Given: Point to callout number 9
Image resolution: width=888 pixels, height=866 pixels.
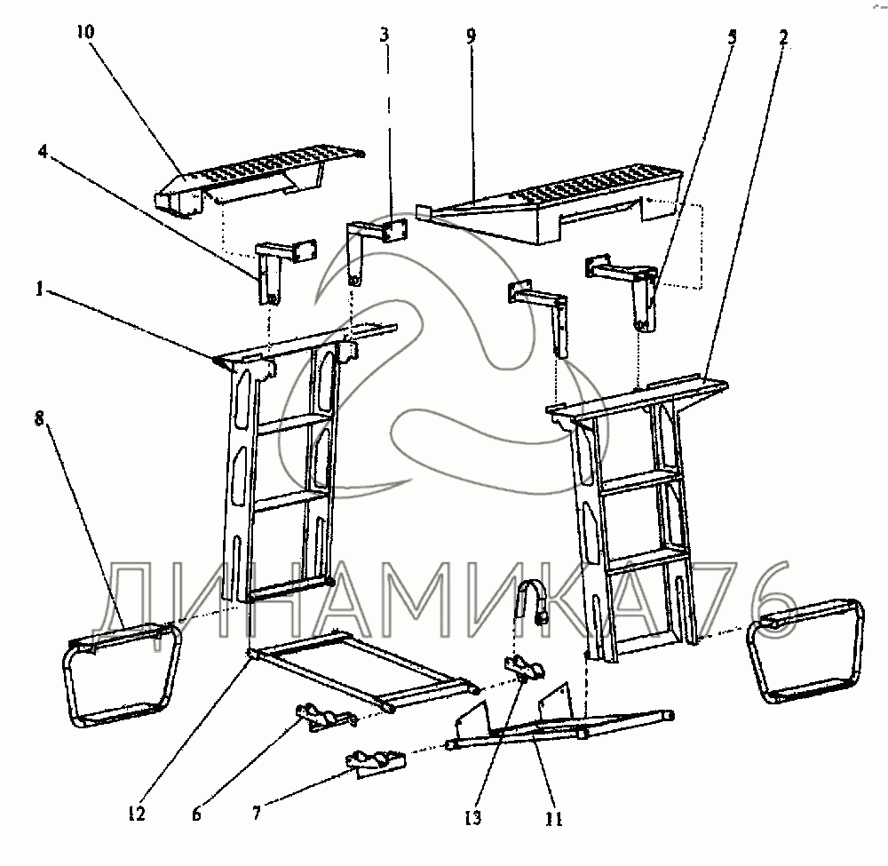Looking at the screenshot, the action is [471, 37].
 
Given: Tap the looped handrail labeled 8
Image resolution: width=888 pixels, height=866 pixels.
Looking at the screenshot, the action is [122, 675].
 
